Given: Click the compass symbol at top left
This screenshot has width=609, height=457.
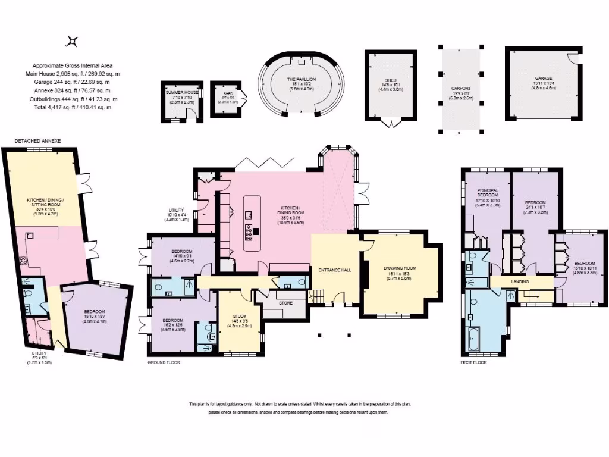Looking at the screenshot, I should pos(72,41).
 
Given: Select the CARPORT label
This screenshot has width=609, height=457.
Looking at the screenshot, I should pos(460,88).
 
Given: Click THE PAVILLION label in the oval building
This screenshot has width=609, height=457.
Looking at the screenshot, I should pos(302,79).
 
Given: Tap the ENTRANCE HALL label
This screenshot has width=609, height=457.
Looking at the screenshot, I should pos(335,270).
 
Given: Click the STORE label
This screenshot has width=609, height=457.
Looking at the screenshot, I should pos(286,303).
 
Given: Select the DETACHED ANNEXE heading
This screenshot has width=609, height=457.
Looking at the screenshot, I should pos(38,141).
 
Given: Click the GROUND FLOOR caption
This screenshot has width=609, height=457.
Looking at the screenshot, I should pos(164,362).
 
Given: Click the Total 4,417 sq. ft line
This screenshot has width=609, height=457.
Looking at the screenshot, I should pos(71,107).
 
